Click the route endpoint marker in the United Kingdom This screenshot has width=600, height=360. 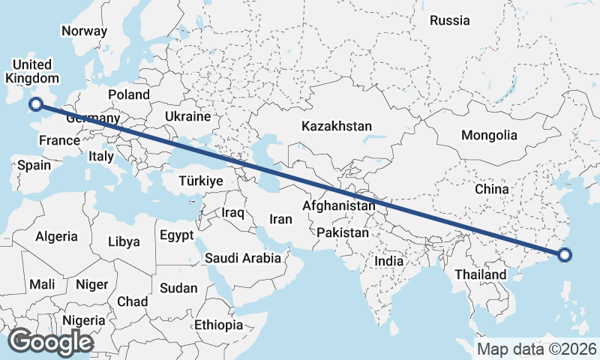click(35, 104)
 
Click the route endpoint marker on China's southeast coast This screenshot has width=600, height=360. click(565, 256)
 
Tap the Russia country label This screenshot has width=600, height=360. click(450, 20)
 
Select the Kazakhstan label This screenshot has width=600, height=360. click(337, 126)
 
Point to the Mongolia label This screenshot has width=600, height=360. click(490, 135)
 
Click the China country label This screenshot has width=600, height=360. click(492, 189)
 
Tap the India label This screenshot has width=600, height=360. click(389, 262)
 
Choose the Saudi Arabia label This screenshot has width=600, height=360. click(243, 258)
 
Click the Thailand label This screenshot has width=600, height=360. click(480, 274)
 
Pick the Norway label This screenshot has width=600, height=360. click(84, 31)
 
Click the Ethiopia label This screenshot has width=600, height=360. click(218, 325)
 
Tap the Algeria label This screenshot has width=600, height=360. click(56, 236)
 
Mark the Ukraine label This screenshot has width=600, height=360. click(187, 117)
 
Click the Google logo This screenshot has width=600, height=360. click(50, 342)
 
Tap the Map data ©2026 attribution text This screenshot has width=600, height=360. click(537, 349)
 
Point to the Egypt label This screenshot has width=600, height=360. click(177, 235)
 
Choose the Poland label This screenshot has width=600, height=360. click(129, 94)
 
